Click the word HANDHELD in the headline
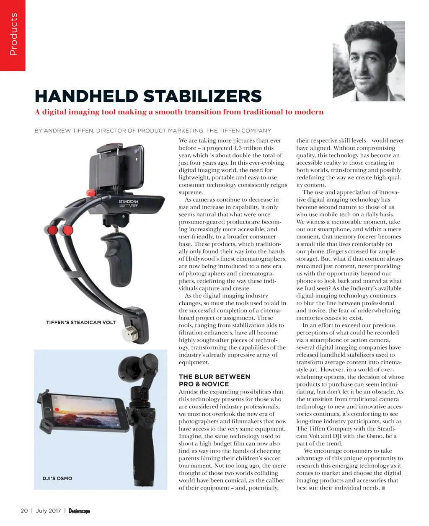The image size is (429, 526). pyautogui.click(x=86, y=96)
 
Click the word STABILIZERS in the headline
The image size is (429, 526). pyautogui.click(x=203, y=96)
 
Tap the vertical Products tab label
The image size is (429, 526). pyautogui.click(x=13, y=34)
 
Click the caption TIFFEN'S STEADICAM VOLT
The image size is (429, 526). pyautogui.click(x=81, y=322)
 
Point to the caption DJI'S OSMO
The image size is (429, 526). pyautogui.click(x=57, y=478)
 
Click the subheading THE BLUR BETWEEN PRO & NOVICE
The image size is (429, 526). pyautogui.click(x=214, y=380)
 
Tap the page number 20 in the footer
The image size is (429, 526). pyautogui.click(x=24, y=510)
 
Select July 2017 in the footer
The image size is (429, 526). pyautogui.click(x=48, y=510)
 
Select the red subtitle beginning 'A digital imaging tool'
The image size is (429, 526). pyautogui.click(x=179, y=112)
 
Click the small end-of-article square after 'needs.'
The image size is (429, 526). pyautogui.click(x=384, y=488)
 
